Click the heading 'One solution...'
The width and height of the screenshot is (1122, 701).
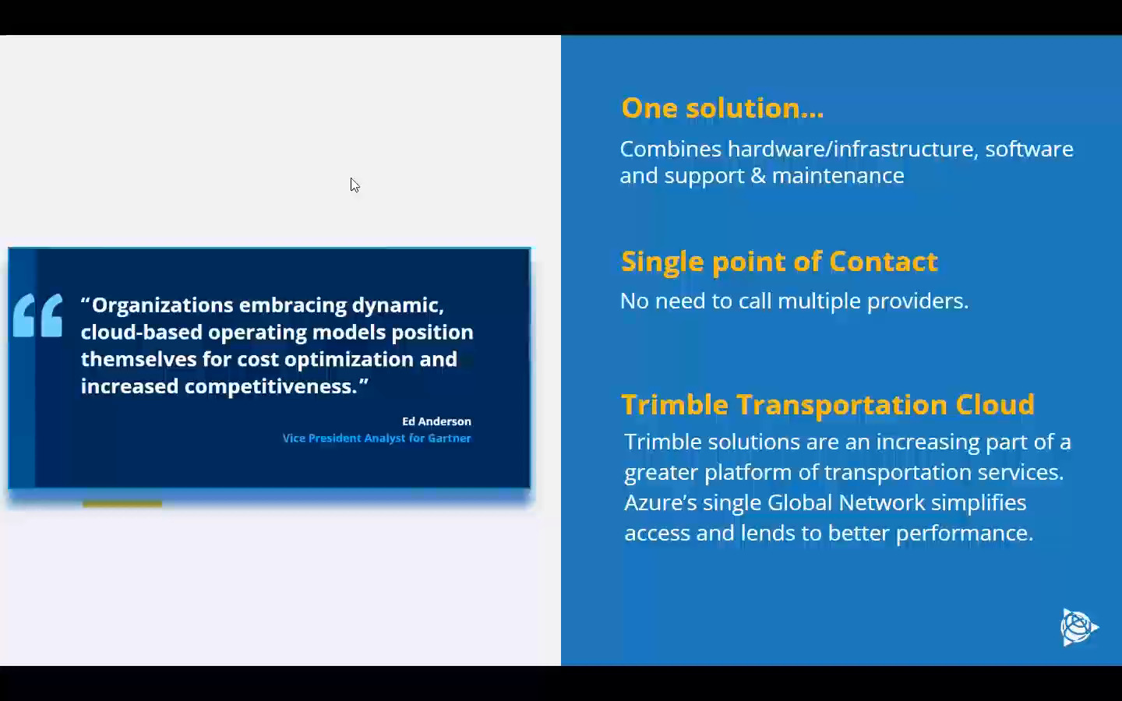click(722, 107)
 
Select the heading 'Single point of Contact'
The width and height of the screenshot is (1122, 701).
click(778, 261)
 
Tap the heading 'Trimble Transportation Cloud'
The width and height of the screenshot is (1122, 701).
click(827, 404)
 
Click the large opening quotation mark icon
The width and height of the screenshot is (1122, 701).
click(38, 315)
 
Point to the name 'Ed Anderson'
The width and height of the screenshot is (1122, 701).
click(436, 421)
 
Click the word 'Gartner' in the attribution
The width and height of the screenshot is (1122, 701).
click(449, 439)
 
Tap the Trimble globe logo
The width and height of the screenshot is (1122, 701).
click(1078, 627)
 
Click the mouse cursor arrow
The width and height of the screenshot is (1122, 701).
click(355, 185)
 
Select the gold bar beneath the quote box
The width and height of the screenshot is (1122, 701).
click(122, 504)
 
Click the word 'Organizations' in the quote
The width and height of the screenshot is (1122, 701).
click(162, 305)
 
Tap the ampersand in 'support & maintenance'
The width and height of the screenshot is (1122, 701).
click(757, 176)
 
